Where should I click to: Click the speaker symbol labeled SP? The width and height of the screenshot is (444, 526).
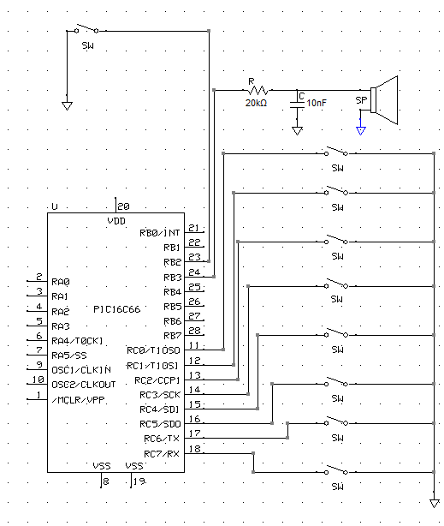point(385,100)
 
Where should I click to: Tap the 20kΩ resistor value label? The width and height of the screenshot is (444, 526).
point(256,103)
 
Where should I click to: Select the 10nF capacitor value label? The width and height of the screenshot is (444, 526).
point(317,103)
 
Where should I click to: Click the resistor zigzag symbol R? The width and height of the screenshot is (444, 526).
point(258,90)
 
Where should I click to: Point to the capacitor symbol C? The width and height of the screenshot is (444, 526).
point(297,104)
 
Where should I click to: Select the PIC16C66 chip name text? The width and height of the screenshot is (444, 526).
point(116,309)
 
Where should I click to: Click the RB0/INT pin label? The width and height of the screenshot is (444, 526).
point(159,233)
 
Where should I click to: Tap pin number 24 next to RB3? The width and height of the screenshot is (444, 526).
point(194,272)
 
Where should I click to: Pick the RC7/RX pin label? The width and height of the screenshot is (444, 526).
point(162,454)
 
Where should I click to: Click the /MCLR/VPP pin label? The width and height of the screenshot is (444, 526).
point(79,400)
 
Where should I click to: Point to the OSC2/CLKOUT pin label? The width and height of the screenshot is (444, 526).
point(84,385)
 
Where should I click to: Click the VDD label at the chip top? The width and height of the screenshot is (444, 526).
point(116,221)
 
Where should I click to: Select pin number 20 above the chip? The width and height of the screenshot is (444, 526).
point(124,206)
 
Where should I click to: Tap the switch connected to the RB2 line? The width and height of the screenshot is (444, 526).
point(86,28)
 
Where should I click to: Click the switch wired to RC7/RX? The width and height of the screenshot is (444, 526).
point(336,470)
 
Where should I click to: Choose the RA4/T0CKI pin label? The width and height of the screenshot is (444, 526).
point(77,341)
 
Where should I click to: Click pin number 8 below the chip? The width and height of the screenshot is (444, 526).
point(106,481)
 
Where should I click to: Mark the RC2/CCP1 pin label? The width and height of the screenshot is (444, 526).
point(157,380)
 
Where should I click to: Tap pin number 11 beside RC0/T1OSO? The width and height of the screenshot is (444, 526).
point(194,345)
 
